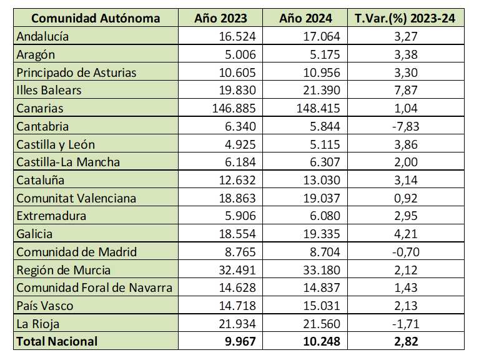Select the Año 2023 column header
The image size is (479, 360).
tap(220, 18)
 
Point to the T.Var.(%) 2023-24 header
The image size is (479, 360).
tap(405, 18)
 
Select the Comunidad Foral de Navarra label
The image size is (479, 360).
tap(94, 287)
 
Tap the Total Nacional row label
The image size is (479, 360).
tap(57, 341)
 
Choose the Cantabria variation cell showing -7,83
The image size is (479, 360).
tap(405, 126)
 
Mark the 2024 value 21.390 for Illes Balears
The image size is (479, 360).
tap(320, 90)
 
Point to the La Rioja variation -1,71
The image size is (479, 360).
tap(405, 324)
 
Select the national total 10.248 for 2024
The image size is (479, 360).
tap(318, 341)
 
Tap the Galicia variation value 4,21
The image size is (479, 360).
tap(405, 234)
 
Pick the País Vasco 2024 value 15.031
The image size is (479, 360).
tap(320, 306)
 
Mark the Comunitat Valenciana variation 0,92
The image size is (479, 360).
tap(405, 198)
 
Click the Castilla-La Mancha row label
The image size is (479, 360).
tap(68, 162)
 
